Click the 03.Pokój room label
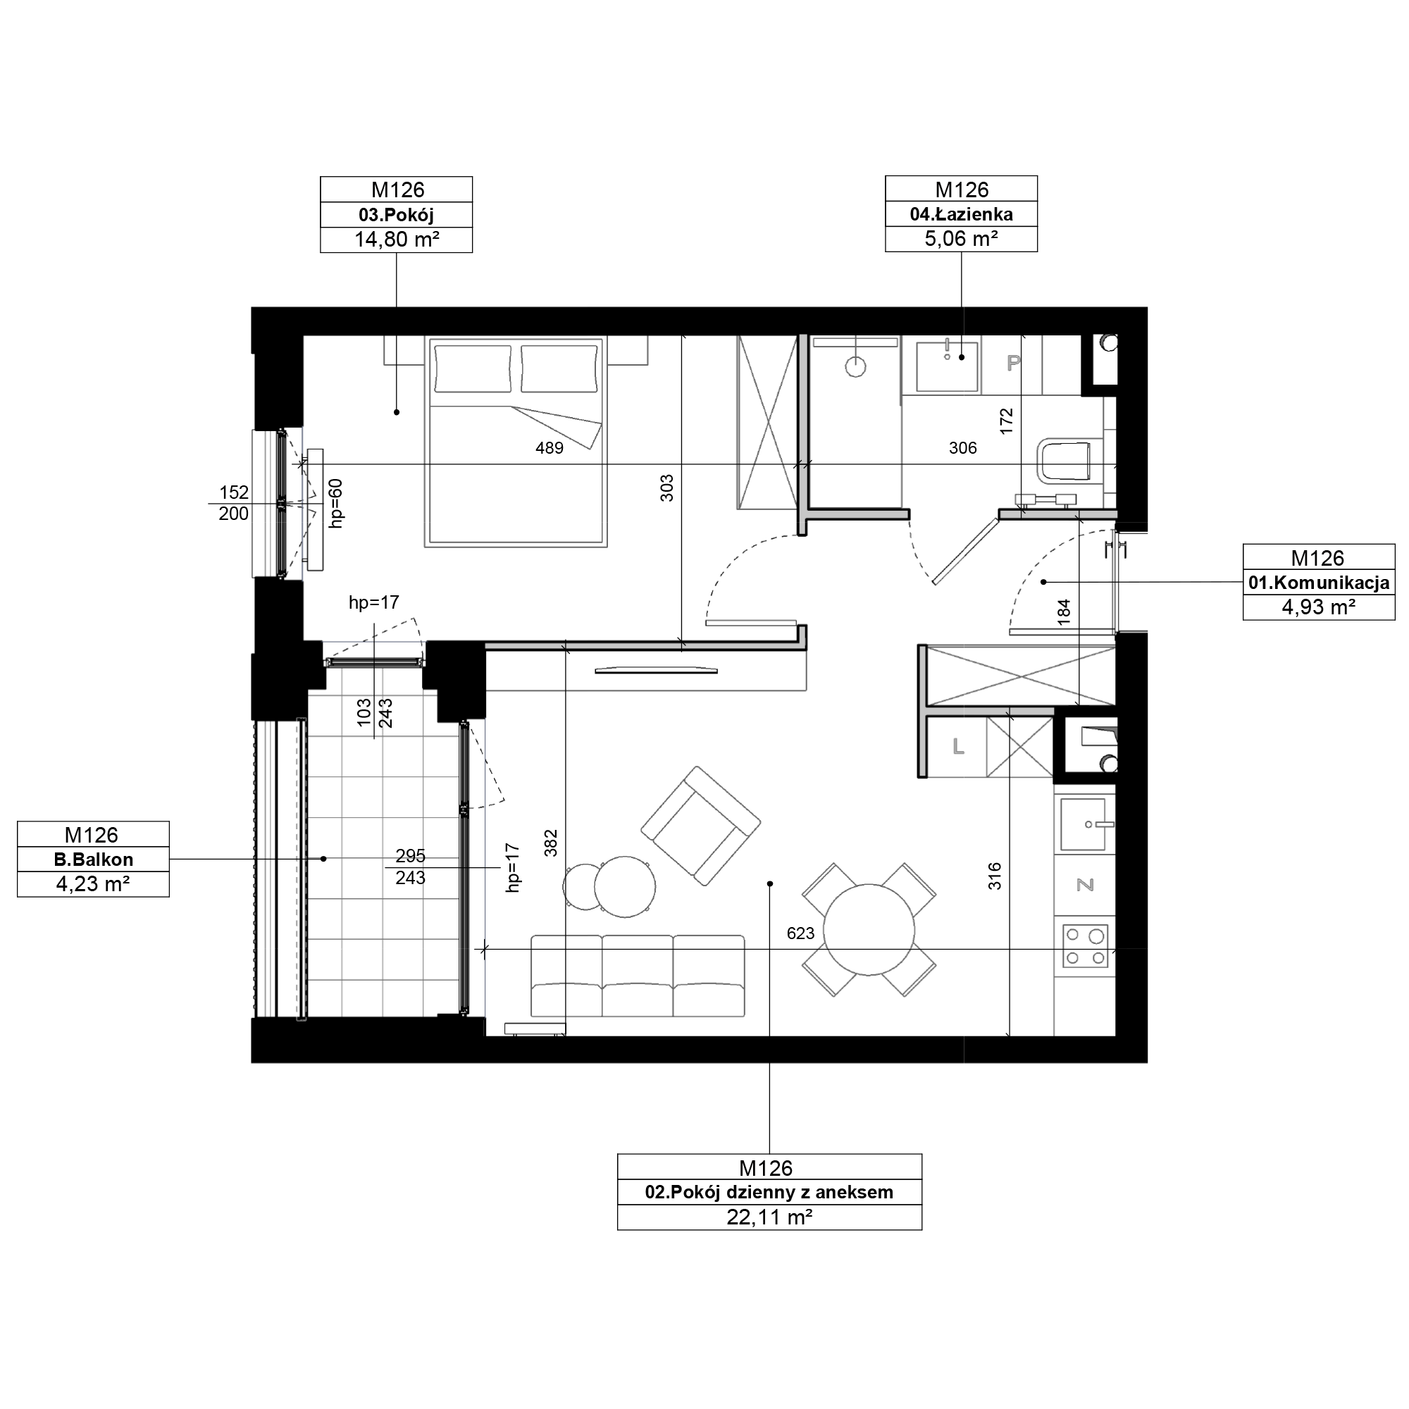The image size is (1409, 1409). (396, 214)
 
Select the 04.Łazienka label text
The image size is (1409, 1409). (961, 214)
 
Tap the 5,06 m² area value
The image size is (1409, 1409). (961, 239)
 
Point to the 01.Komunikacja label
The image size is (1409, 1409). (1319, 583)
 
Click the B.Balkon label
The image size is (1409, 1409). (94, 859)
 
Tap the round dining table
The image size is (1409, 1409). (869, 929)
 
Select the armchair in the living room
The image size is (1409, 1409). (701, 826)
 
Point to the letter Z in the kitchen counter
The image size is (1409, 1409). (1085, 885)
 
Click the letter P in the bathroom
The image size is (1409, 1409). (1013, 362)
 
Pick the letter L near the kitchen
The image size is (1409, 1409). (958, 746)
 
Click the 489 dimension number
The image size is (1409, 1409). (550, 448)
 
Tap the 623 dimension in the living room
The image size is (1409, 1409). (800, 933)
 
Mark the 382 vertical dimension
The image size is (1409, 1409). (552, 843)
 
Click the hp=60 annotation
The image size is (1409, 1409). (335, 503)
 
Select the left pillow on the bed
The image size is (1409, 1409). (473, 368)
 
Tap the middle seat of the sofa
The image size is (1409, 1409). (638, 976)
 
